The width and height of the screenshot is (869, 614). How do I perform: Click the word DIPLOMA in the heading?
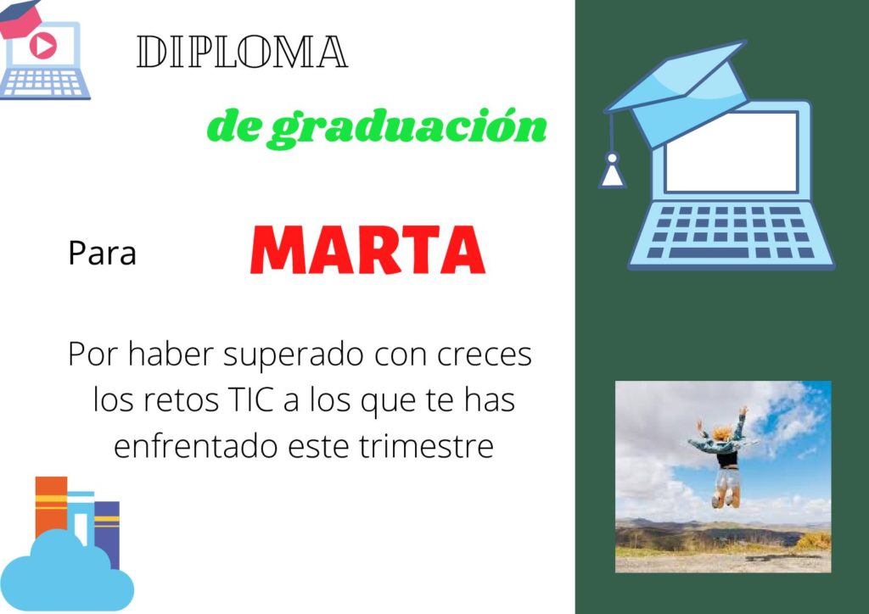click(x=242, y=52)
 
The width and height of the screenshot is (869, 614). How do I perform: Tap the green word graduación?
click(x=409, y=128)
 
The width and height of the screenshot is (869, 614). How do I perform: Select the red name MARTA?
click(x=367, y=249)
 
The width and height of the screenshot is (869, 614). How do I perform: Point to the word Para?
click(x=102, y=253)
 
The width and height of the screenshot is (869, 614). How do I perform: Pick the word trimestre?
click(x=426, y=446)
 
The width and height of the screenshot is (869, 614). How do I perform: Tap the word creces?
click(x=485, y=355)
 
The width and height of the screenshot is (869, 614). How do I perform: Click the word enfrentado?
click(x=196, y=446)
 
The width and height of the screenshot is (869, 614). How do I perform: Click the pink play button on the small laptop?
click(x=42, y=45)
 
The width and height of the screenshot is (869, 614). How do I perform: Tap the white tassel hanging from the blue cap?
click(x=613, y=170)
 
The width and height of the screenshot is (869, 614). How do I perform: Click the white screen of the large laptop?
click(x=731, y=152)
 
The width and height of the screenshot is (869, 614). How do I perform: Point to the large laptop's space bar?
click(x=709, y=253)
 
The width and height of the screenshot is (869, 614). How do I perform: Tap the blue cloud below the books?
click(x=66, y=573)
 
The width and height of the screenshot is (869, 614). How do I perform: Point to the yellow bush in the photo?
click(x=813, y=540)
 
